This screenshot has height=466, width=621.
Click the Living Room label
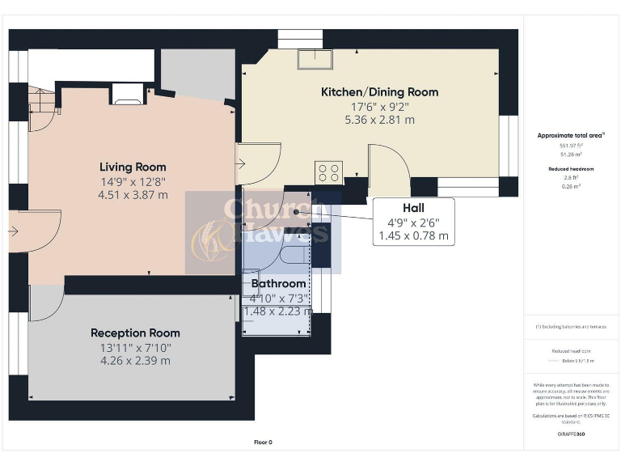pyautogui.click(x=133, y=167)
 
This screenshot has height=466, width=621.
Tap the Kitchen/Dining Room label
pyautogui.click(x=379, y=92)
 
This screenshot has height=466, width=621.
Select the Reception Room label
pyautogui.click(x=135, y=333)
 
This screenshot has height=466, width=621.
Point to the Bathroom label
pyautogui.click(x=278, y=283)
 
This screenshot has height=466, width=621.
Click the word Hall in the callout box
pyautogui.click(x=412, y=208)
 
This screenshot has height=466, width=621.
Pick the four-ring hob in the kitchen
pyautogui.click(x=329, y=172)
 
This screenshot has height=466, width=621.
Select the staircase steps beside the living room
pyautogui.click(x=40, y=101)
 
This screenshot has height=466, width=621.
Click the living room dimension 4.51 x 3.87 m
pyautogui.click(x=133, y=194)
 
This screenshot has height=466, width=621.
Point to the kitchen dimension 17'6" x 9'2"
pyautogui.click(x=379, y=106)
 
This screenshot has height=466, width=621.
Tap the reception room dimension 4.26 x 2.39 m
pyautogui.click(x=135, y=360)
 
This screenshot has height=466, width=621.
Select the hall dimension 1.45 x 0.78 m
pyautogui.click(x=412, y=236)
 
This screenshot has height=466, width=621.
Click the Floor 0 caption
pyautogui.click(x=264, y=442)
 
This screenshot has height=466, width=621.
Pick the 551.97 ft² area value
pyautogui.click(x=566, y=146)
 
